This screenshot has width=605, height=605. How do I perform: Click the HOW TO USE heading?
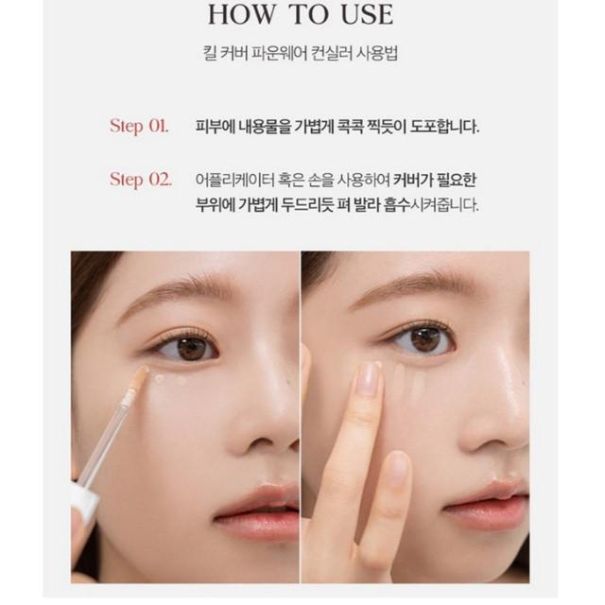[301, 17]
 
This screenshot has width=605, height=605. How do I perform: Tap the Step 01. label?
[139, 126]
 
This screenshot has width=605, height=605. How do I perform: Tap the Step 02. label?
[140, 180]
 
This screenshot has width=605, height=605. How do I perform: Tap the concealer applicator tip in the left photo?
[138, 378]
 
